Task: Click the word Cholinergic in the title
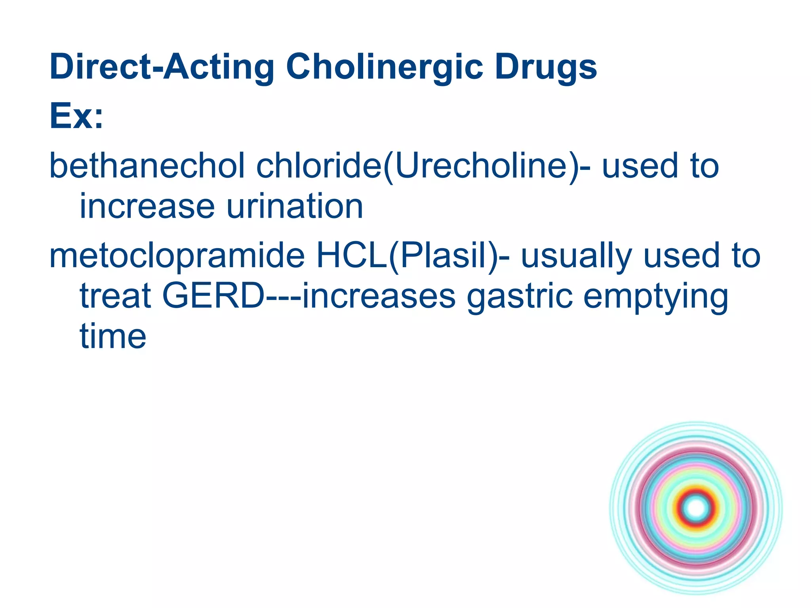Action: click(x=384, y=67)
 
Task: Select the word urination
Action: click(x=295, y=206)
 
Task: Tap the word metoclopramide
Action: click(x=177, y=256)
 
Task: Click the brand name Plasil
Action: click(x=444, y=256)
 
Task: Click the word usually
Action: click(x=576, y=256)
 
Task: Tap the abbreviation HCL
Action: click(x=352, y=256)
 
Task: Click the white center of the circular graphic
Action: click(x=696, y=508)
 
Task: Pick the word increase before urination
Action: click(x=147, y=206)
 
